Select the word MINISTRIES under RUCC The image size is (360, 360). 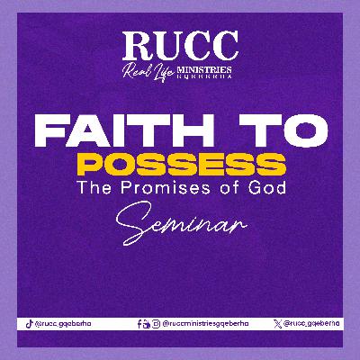(x=205, y=67)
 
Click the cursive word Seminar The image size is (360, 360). (x=180, y=221)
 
